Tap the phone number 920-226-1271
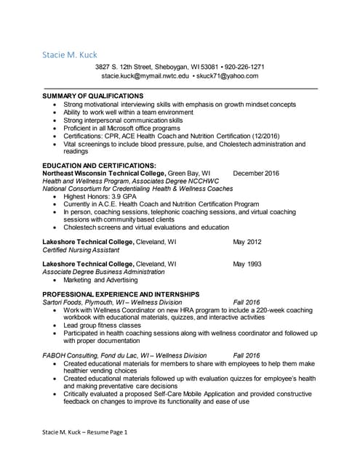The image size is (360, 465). [x=244, y=67]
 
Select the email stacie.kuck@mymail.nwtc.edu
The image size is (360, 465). [x=145, y=76]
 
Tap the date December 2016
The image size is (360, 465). [x=256, y=174]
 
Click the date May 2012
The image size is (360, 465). [x=247, y=241]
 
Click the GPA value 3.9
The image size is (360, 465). [x=119, y=196]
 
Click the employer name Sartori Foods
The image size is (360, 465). [x=64, y=302]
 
